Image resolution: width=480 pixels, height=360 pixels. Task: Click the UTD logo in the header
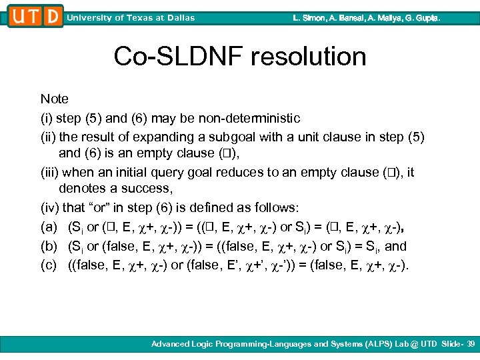(x=35, y=16)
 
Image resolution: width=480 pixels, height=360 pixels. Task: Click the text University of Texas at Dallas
(x=131, y=18)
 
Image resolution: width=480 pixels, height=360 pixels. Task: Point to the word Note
(x=54, y=99)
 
